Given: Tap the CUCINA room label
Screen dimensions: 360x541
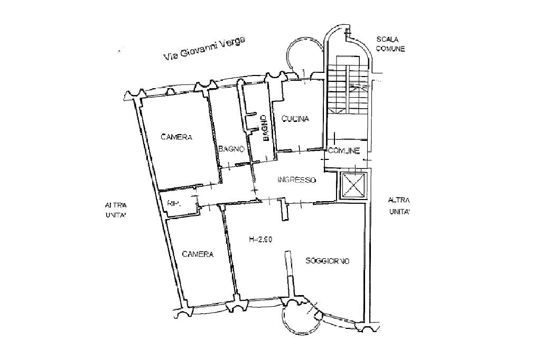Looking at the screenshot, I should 295,119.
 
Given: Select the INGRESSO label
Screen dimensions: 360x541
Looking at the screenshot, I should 296,180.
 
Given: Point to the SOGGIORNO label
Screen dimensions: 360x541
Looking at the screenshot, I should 328,261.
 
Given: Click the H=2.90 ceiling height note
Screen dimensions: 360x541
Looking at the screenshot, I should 260,240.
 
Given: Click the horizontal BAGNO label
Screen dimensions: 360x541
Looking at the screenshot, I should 231,149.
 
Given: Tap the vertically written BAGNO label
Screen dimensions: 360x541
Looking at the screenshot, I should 266,129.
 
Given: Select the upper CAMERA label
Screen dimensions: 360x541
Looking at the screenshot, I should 176,137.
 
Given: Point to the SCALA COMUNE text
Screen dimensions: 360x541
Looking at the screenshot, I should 390,44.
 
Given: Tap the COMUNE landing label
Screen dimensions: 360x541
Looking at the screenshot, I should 344,151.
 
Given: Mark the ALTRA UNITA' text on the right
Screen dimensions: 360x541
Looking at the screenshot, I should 399,206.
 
